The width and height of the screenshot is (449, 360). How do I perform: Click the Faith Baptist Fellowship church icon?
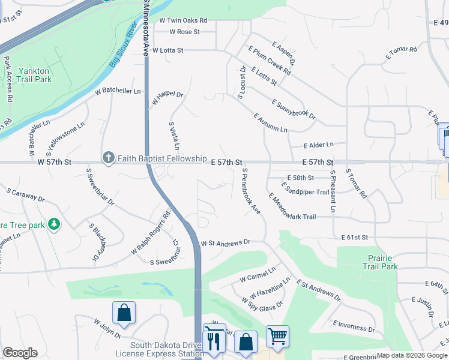pos(108,158)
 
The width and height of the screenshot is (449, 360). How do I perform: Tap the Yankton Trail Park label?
pos(34,75)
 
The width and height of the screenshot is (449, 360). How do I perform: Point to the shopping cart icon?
pos(277,336)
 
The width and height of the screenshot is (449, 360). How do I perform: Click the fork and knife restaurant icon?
pos(214,341)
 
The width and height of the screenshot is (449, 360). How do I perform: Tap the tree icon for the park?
pos(55,224)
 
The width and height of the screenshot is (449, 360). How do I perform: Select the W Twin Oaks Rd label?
pos(183,20)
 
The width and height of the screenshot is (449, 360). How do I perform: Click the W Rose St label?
pos(184,32)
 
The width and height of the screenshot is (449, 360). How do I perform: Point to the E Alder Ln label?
pos(318,145)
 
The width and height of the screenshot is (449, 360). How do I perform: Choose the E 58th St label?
pos(301,178)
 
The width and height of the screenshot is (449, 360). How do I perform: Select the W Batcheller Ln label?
pos(118,91)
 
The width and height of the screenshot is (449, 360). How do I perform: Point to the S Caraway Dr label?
pos(26,194)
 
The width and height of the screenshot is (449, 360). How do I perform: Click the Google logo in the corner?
pos(20,352)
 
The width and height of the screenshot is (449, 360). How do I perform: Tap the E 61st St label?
pos(354,238)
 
